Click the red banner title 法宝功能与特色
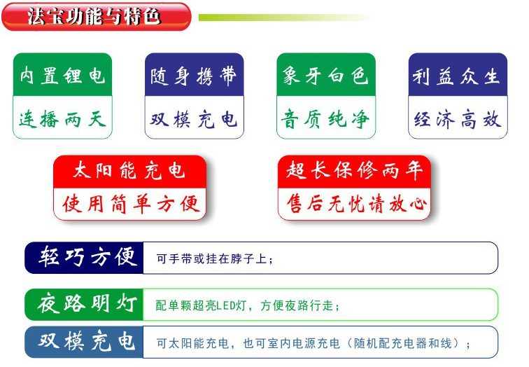point(94,17)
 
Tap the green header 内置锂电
point(62,75)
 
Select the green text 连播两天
point(62,119)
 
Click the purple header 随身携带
point(194,75)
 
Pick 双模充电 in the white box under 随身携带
point(194,119)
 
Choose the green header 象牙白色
point(326,75)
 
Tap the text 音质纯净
point(326,119)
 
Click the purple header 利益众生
point(458,75)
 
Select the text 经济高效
point(458,119)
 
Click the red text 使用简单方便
point(131,204)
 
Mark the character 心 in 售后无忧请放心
point(418,204)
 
